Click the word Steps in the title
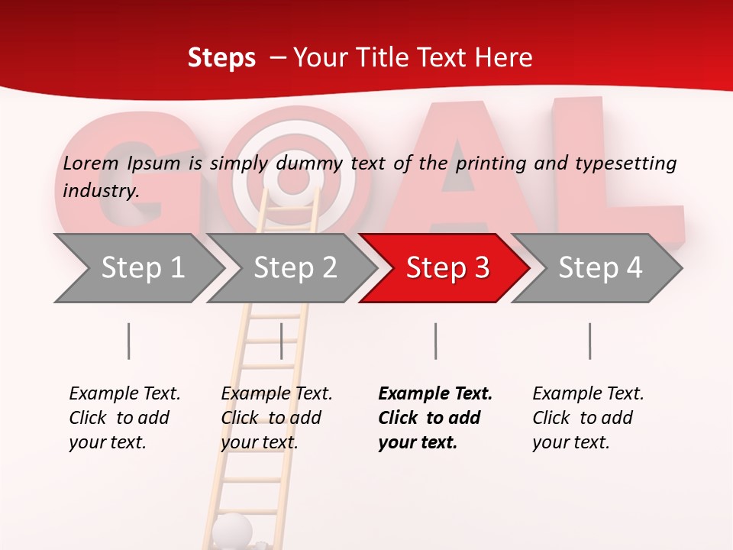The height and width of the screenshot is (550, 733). coord(221,57)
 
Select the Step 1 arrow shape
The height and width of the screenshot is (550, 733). coord(137,268)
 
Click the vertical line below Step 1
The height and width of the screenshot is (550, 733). coord(129,341)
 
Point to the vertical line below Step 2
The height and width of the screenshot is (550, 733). coord(282,341)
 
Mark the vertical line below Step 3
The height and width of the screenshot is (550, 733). coord(436,341)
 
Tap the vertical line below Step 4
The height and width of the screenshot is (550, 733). coord(590,341)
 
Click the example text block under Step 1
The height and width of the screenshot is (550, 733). coord(124,418)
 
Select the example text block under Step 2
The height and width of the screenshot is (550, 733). coord(276,418)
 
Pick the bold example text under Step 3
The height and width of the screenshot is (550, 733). coord(435,418)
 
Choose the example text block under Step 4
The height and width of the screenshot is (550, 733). coord(588,418)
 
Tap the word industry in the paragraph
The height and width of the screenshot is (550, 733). coord(101,190)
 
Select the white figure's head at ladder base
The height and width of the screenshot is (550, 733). coord(231,529)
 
